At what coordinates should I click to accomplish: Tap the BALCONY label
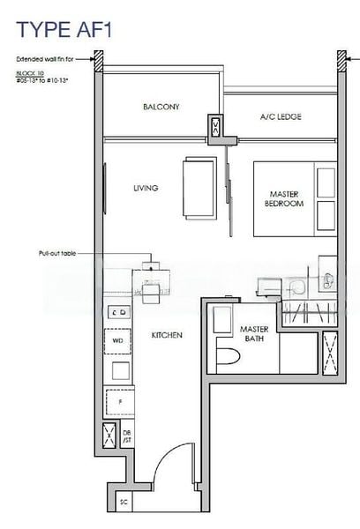[x=161, y=107]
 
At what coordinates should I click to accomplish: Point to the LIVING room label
[x=146, y=188]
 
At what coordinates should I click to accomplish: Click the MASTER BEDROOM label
[x=284, y=198]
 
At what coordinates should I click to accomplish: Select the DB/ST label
[x=127, y=435]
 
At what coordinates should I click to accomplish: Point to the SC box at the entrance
[x=123, y=502]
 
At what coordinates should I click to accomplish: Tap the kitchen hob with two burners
[x=118, y=311]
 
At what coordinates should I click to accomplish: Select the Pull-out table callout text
[x=57, y=253]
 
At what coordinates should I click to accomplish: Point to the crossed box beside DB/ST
[x=109, y=434]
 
